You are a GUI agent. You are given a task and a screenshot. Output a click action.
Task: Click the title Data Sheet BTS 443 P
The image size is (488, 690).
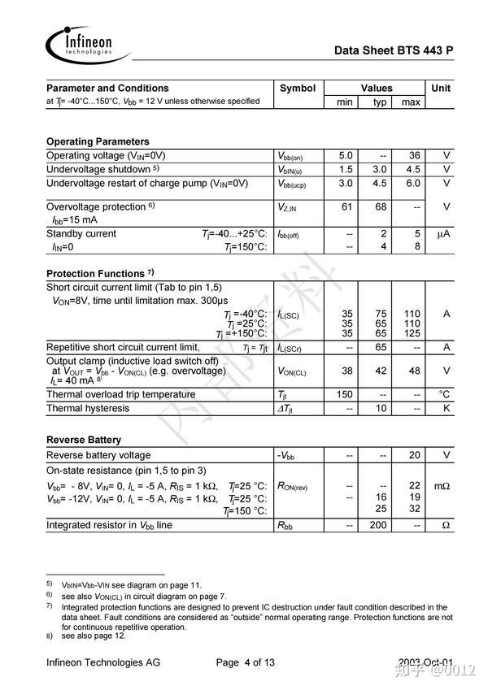point(394,50)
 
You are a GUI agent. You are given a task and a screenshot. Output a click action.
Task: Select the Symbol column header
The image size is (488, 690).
point(298,88)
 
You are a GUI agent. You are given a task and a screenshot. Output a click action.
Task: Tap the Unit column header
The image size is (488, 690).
point(442,88)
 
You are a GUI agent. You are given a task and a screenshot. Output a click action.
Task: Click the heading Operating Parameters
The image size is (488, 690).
point(98,141)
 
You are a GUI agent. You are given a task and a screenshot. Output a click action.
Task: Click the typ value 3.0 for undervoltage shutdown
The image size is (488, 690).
point(379,169)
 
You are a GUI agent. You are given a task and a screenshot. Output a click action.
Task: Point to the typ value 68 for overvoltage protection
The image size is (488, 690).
point(379,206)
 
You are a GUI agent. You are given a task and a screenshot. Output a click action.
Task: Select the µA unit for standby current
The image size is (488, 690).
point(443,234)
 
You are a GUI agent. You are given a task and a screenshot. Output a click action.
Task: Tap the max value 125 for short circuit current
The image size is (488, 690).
point(412,333)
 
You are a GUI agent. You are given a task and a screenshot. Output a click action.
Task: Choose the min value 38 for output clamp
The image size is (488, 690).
point(346,371)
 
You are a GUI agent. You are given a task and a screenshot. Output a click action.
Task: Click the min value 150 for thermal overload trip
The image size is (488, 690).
point(345,394)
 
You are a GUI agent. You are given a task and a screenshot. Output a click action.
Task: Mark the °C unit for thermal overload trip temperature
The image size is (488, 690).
point(444,394)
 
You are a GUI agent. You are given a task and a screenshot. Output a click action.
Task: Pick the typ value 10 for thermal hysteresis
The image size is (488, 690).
point(379,408)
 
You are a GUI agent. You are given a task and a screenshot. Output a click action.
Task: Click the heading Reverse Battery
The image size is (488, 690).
point(84,440)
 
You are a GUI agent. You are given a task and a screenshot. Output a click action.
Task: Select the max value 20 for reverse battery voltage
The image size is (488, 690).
point(413,455)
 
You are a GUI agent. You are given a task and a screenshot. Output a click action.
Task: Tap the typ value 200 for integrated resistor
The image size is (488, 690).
point(378,525)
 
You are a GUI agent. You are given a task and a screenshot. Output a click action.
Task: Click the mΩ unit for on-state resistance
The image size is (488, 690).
point(442,486)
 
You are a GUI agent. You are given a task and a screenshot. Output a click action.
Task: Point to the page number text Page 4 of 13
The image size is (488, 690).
point(246,662)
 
